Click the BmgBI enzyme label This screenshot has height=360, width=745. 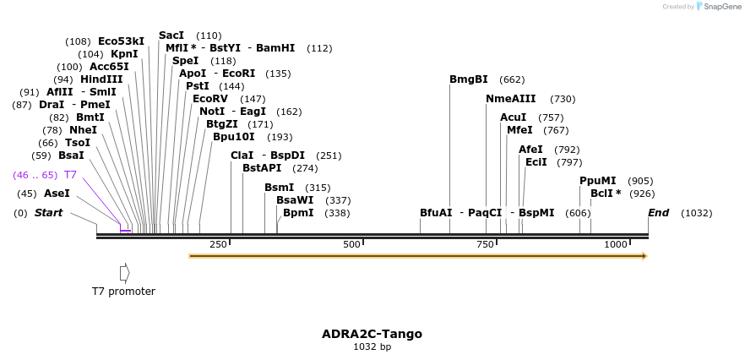point(468,79)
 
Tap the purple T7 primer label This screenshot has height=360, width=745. point(71,174)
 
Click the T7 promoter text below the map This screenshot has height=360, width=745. point(123,292)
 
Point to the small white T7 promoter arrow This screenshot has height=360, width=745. point(125,273)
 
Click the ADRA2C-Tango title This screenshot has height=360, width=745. point(372,334)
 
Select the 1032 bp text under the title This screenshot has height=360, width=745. point(372,346)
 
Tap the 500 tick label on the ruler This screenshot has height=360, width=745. point(351,244)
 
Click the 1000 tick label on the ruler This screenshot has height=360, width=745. point(616,244)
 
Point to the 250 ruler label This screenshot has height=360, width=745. point(218,244)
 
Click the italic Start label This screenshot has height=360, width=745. point(48,213)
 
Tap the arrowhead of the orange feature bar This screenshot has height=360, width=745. point(644,256)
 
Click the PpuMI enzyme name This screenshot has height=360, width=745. point(597,181)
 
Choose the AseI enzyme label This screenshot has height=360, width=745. point(57,194)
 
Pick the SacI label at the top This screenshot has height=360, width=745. point(171,35)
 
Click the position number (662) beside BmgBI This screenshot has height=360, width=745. point(512,79)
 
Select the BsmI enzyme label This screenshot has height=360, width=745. point(279,188)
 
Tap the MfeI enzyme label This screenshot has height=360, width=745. point(519,130)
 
